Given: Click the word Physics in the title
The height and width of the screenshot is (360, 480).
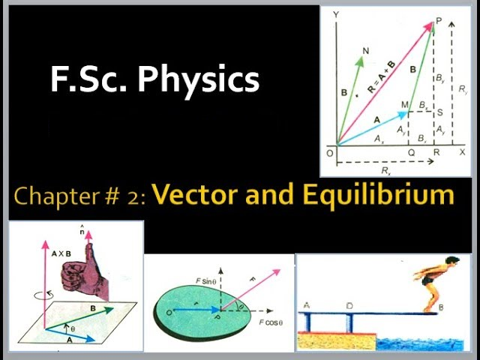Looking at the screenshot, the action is (198, 79).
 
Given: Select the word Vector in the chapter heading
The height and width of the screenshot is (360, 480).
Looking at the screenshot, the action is (195, 195).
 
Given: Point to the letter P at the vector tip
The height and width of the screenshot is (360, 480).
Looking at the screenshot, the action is (439, 21).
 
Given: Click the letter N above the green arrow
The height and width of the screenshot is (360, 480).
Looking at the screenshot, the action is (365, 51).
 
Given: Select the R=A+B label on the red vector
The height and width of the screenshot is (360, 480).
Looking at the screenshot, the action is (381, 76).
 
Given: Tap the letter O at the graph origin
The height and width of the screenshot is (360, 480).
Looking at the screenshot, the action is (330, 153).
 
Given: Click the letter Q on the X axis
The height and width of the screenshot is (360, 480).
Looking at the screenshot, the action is (412, 152).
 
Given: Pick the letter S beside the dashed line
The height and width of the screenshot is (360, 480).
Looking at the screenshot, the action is (440, 112).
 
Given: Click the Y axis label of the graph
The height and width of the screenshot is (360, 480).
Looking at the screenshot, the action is (336, 14).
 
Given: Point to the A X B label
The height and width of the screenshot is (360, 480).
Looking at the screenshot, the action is (61, 253).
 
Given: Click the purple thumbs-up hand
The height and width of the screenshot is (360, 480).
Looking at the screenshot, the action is (85, 272).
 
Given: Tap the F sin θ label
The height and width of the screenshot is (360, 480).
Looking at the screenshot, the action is (206, 280).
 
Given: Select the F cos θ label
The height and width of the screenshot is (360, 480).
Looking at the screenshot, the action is (271, 322).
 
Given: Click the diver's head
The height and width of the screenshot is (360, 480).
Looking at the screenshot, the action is (451, 262).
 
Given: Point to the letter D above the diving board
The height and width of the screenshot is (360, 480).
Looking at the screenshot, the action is (349, 306).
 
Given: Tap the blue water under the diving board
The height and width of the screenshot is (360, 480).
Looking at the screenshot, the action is (420, 344).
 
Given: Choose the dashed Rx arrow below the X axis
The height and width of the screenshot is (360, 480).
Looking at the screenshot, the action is (385, 162).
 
